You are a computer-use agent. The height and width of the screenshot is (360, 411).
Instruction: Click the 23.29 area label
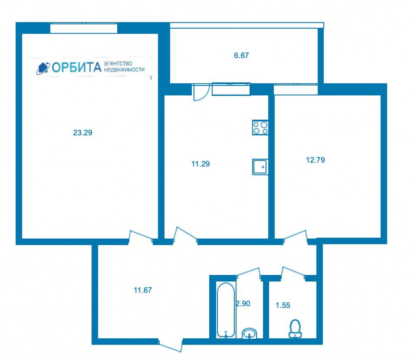pyautogui.click(x=83, y=133)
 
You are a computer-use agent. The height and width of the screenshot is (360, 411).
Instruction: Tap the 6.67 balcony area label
pyautogui.click(x=241, y=55)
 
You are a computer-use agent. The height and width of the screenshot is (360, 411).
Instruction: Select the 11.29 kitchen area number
pyautogui.click(x=201, y=164)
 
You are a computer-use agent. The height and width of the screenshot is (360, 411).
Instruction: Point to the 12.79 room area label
pyautogui.click(x=315, y=160)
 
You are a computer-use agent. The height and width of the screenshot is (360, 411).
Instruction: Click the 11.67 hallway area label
pyautogui.click(x=143, y=290)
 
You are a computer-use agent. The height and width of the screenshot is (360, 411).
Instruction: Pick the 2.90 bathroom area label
pyautogui.click(x=243, y=304)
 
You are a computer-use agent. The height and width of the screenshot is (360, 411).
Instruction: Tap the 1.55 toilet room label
pyautogui.click(x=283, y=305)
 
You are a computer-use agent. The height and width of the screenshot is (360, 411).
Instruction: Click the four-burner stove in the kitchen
pyautogui.click(x=260, y=127)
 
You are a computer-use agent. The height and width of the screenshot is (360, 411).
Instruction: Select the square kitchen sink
pyautogui.click(x=260, y=167)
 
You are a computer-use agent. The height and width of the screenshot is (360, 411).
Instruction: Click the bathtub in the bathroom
pyautogui.click(x=226, y=310)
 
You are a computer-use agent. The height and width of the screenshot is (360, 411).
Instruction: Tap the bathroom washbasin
pyautogui.click(x=249, y=333)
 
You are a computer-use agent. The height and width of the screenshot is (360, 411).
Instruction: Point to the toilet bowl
pyautogui.click(x=295, y=329)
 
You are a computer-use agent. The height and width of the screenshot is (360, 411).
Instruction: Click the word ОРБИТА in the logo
pyautogui.click(x=77, y=67)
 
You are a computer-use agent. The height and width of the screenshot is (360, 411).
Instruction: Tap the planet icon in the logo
pyautogui.click(x=43, y=68)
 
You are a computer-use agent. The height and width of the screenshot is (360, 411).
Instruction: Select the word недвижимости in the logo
pyautogui.click(x=124, y=70)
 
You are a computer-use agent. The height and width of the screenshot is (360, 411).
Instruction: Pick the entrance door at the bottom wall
pyautogui.click(x=170, y=346)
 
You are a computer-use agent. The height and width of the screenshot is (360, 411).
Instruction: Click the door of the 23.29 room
pyautogui.click(x=141, y=236)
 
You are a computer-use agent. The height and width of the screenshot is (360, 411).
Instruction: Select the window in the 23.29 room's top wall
pyautogui.click(x=83, y=28)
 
